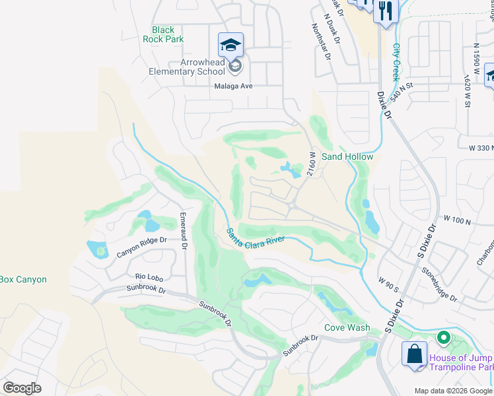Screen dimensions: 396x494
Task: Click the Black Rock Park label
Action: pyautogui.click(x=163, y=34)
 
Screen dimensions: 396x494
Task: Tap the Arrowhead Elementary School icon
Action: pyautogui.click(x=230, y=46)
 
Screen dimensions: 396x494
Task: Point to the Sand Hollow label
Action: pyautogui.click(x=347, y=156)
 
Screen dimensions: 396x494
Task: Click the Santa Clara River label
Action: pyautogui.click(x=256, y=238)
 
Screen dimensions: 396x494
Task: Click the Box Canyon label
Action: pyautogui.click(x=23, y=279)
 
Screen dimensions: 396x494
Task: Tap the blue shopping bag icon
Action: pyautogui.click(x=413, y=353)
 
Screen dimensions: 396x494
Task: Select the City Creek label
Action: pyautogui.click(x=396, y=62)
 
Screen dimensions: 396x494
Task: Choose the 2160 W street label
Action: pyautogui.click(x=310, y=163)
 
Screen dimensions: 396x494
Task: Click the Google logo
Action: pyautogui.click(x=22, y=388)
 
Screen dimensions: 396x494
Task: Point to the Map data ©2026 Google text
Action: pyautogui.click(x=453, y=391)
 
